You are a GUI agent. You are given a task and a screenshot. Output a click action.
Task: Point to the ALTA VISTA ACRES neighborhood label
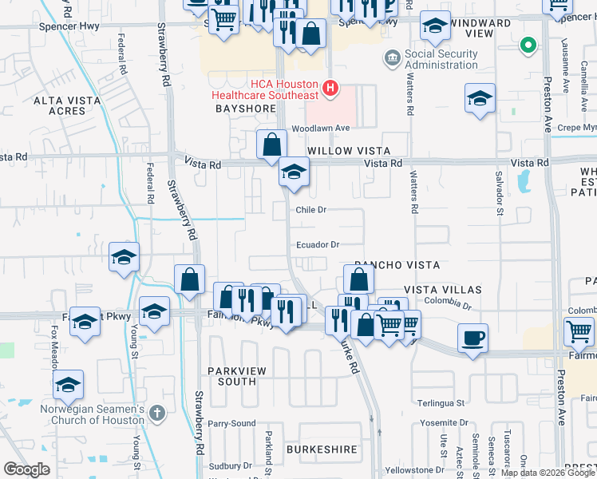pyautogui.click(x=60, y=105)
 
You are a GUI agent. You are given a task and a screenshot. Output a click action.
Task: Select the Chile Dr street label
pyautogui.click(x=311, y=210)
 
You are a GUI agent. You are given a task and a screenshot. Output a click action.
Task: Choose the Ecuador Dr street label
pyautogui.click(x=318, y=245)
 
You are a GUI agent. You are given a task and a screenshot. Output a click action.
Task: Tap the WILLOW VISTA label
pyautogui.click(x=350, y=150)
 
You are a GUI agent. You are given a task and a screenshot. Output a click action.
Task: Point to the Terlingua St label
pyautogui.click(x=438, y=404)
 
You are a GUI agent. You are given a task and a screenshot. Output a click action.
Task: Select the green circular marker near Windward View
pyautogui.click(x=526, y=46)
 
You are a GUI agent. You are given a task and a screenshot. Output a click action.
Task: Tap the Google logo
pyautogui.click(x=26, y=469)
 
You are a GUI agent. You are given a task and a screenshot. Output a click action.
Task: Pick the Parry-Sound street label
pyautogui.click(x=232, y=423)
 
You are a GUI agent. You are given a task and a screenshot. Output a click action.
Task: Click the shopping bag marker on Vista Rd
pyautogui.click(x=271, y=144)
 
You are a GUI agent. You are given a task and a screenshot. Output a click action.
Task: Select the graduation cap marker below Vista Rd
pyautogui.click(x=294, y=172)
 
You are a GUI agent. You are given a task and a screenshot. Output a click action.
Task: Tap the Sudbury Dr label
pyautogui.click(x=231, y=465)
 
